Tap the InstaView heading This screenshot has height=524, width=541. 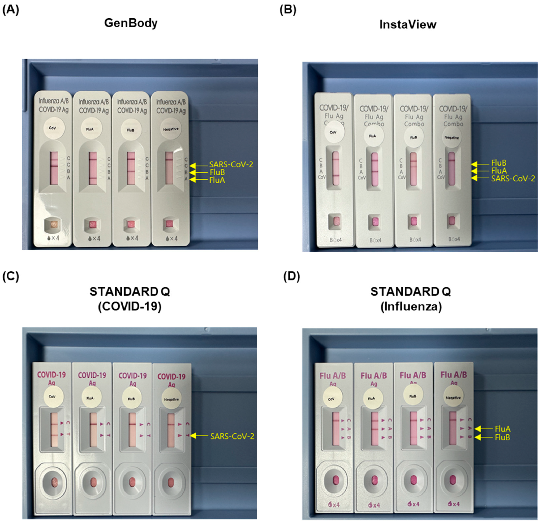(x=408, y=25)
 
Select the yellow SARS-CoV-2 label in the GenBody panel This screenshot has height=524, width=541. (x=231, y=165)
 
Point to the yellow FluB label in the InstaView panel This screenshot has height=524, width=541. (x=499, y=163)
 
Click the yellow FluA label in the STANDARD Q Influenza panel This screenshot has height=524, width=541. (x=502, y=429)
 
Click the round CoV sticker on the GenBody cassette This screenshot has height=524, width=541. (x=54, y=128)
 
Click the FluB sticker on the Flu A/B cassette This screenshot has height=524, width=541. (x=413, y=396)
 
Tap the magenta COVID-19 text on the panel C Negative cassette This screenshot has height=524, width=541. (x=171, y=377)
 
